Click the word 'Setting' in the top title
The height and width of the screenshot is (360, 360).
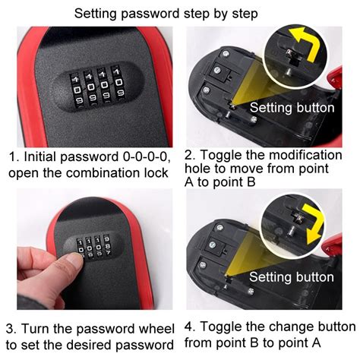point(98,13)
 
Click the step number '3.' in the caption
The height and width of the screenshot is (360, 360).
point(11,330)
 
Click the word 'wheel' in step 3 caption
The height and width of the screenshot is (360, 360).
point(155,330)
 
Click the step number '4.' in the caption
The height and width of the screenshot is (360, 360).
point(190,327)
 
